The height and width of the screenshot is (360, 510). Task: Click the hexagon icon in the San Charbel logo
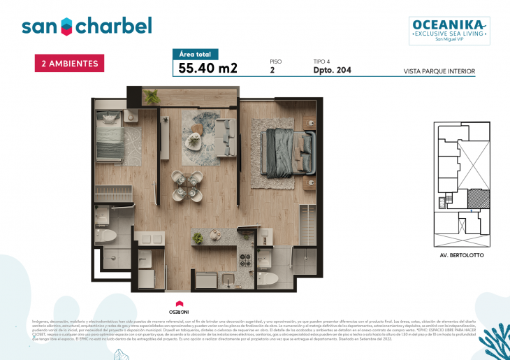[65, 27]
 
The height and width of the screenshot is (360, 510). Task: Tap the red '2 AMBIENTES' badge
[70, 63]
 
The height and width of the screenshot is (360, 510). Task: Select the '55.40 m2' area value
[208, 68]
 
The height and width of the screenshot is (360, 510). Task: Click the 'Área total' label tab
[196, 54]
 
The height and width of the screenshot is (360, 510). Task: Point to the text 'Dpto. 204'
[333, 70]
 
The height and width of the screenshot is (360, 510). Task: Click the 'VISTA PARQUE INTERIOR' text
[439, 71]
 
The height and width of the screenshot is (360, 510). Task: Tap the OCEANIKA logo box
[449, 31]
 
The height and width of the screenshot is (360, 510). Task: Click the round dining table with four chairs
[184, 185]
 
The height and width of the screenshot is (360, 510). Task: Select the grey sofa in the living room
[224, 130]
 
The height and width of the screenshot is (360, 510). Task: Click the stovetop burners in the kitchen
[246, 260]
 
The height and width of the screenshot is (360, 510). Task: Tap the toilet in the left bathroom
[108, 236]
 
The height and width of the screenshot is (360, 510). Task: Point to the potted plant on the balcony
[152, 96]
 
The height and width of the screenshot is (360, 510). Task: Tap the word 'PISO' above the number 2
[275, 62]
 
